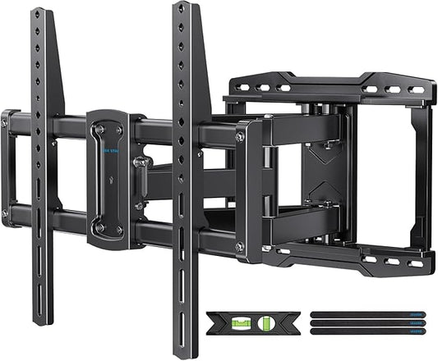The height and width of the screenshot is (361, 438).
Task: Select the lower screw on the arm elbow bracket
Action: [x=240, y=244]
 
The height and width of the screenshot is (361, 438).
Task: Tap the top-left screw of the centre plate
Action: [x=99, y=130]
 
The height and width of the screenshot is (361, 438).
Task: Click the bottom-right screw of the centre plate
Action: [x=121, y=228]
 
